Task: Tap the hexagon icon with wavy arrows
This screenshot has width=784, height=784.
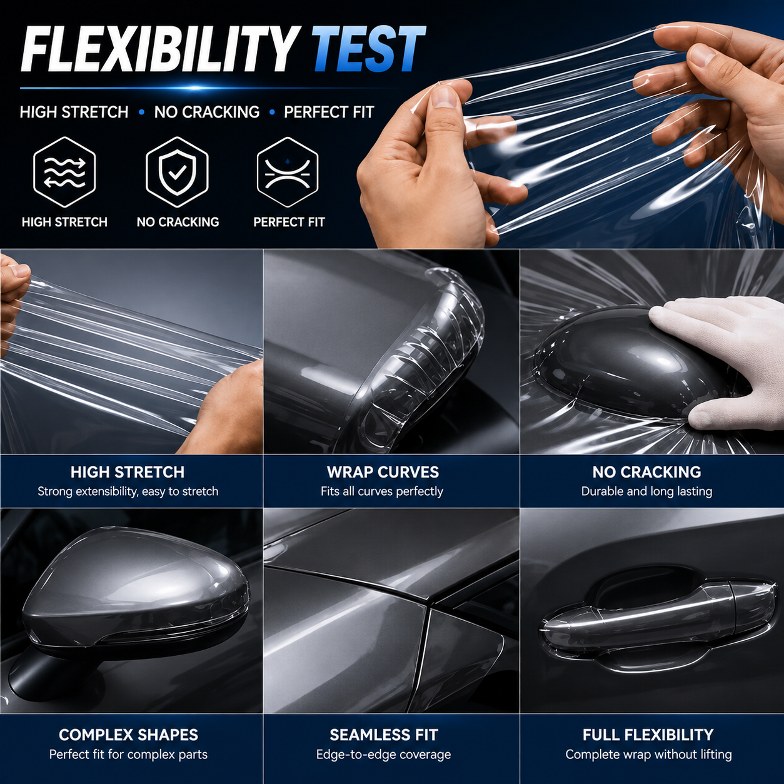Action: [64, 172]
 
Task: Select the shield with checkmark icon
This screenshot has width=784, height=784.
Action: [177, 172]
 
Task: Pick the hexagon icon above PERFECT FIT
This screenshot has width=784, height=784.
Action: [288, 172]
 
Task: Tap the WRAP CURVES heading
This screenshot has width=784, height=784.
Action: [383, 472]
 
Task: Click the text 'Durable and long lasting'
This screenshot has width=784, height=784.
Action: [646, 491]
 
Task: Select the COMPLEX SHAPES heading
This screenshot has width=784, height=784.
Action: [128, 735]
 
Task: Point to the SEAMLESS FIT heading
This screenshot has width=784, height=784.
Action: [384, 735]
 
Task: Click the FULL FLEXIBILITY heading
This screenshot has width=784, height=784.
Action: [648, 735]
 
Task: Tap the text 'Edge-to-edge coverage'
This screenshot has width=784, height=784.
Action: [383, 755]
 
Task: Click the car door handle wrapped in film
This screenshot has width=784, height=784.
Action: [655, 615]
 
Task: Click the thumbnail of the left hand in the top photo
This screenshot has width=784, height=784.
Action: [443, 98]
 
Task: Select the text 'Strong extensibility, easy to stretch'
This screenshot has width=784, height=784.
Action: [128, 491]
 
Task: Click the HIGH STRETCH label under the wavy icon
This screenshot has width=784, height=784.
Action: [64, 222]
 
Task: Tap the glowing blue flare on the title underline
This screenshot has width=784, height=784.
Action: [195, 88]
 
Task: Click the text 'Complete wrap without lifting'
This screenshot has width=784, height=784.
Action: [648, 755]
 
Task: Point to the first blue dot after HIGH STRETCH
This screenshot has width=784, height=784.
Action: [141, 112]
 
